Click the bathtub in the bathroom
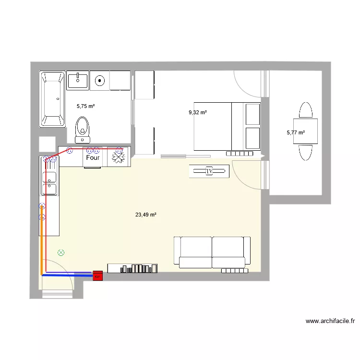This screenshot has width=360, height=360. [x=52, y=99]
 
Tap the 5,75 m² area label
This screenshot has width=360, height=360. [x=86, y=106]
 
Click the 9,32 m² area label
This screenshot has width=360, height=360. [x=198, y=112]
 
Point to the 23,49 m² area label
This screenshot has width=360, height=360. [x=146, y=215]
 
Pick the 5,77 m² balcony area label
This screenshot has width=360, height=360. [x=296, y=133]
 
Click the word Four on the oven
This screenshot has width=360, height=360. [x=93, y=157]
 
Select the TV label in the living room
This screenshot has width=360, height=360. [x=209, y=170]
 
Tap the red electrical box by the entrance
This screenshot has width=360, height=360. [x=97, y=276]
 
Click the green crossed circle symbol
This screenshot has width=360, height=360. [x=60, y=252]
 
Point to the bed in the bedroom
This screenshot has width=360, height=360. [x=227, y=126]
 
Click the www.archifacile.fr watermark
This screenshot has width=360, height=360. [x=330, y=321]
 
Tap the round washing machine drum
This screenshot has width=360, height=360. [x=100, y=81]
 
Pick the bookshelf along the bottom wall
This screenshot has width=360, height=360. [x=132, y=268]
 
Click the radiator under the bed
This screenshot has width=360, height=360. [x=239, y=153]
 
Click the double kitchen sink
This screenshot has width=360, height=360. [x=49, y=183]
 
